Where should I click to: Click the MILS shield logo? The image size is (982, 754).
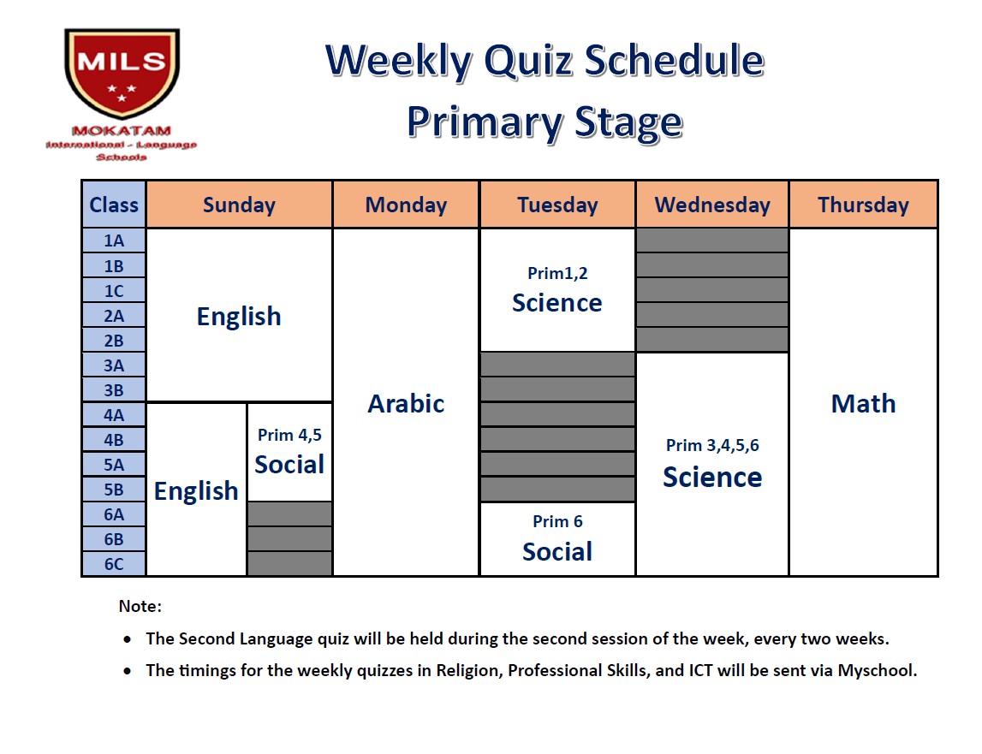pos(122,73)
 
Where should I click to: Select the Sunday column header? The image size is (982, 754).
pos(239,205)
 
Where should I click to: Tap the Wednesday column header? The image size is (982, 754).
pos(712,205)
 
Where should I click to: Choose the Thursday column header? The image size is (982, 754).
pos(863,205)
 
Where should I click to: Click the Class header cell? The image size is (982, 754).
pos(114,205)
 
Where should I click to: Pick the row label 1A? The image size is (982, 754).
pos(114,241)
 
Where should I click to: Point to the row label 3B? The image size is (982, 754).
pos(114,391)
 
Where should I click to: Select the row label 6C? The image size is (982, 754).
pos(114,564)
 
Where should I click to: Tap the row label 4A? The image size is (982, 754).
pos(114,415)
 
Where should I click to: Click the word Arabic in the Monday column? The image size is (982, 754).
pos(406,404)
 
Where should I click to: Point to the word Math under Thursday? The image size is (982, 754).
pos(863,404)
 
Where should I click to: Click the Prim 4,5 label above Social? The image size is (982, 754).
pos(289,436)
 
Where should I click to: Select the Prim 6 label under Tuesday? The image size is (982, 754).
pos(557,522)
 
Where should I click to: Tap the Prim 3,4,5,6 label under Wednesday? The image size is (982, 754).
pos(712,445)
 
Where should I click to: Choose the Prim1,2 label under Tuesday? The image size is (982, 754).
pos(557,274)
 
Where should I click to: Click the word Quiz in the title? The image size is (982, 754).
pos(528,62)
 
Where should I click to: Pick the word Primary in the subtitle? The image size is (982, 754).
pos(485,122)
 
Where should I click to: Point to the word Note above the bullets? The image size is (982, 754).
pos(138,606)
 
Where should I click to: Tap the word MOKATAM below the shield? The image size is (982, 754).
pos(122,131)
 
